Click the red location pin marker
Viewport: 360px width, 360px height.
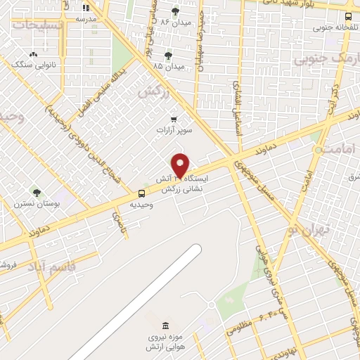[181, 165]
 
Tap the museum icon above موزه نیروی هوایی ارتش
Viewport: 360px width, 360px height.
[165, 326]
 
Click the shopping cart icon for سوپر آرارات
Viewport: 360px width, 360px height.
[174, 119]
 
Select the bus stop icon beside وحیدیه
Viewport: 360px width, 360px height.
[142, 193]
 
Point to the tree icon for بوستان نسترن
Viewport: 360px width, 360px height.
[37, 193]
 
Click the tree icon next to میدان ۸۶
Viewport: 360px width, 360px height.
[175, 11]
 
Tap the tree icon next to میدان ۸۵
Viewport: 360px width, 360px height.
[167, 55]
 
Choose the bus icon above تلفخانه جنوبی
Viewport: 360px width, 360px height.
[349, 18]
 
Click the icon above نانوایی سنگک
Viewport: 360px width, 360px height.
[33, 54]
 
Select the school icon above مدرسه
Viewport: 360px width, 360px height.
[86, 8]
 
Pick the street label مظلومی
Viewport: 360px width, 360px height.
[240, 326]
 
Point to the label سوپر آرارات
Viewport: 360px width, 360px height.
[174, 131]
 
